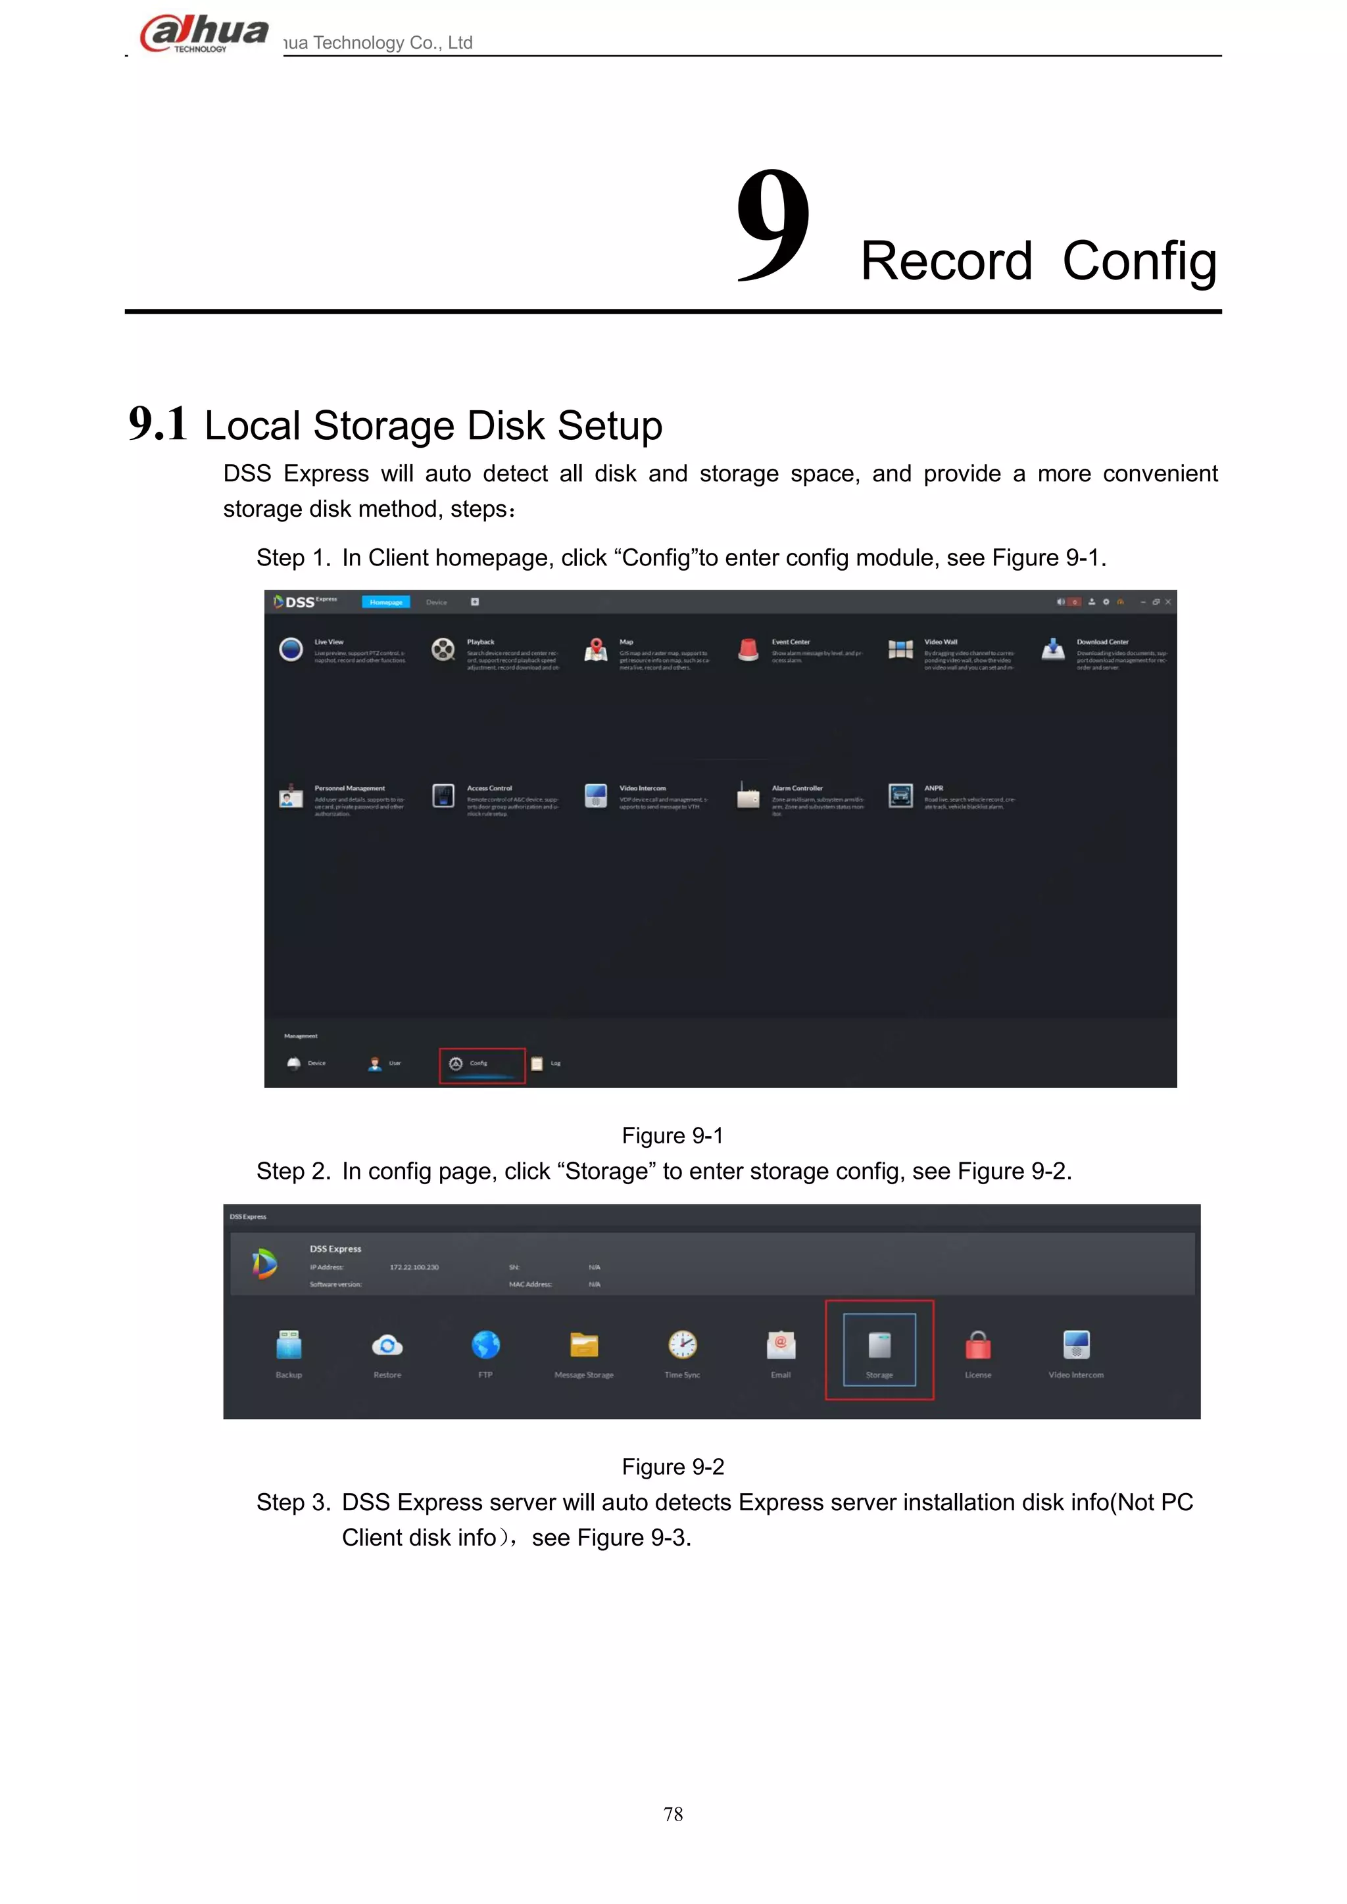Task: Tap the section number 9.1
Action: pos(158,424)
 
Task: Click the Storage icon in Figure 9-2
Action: pos(879,1345)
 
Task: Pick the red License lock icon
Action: pos(978,1345)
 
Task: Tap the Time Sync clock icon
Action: pos(683,1345)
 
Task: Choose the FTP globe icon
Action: pos(485,1345)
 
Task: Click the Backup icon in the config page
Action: pos(289,1345)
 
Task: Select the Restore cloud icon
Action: pos(387,1345)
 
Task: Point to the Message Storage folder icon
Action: pos(584,1345)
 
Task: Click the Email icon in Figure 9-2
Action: pos(781,1345)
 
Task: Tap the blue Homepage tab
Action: pos(385,602)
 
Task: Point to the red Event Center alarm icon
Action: pos(748,650)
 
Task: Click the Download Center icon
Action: pos(1054,650)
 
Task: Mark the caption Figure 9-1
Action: pos(673,1135)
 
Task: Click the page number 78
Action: pos(673,1815)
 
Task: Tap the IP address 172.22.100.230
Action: pos(414,1267)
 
